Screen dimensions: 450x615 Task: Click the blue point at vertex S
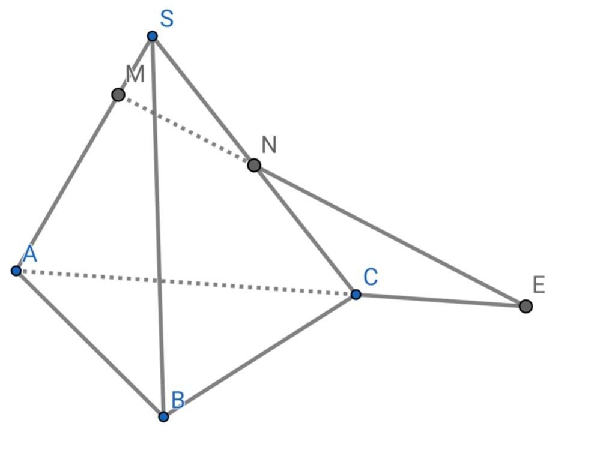[153, 37]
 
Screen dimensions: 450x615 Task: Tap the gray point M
[118, 95]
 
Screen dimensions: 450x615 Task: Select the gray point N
[254, 165]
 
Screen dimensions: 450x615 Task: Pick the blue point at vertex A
[16, 271]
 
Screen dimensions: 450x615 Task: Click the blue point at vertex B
[163, 416]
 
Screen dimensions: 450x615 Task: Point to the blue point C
[356, 295]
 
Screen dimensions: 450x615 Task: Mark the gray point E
[526, 307]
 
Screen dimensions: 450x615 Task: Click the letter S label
[167, 19]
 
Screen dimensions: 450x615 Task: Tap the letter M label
[135, 74]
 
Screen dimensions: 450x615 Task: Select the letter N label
[269, 145]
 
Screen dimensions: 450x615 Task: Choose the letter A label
[29, 254]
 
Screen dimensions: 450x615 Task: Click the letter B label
[178, 400]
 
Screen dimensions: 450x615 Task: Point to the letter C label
[371, 277]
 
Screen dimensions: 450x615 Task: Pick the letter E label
[539, 285]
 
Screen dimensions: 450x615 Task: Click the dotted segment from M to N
[186, 130]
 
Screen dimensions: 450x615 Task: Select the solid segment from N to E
[390, 236]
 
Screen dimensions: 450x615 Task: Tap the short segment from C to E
[440, 301]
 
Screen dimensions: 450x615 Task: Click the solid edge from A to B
[90, 344]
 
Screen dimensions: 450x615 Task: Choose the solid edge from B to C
[259, 355]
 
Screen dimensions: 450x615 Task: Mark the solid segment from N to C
[305, 230]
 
